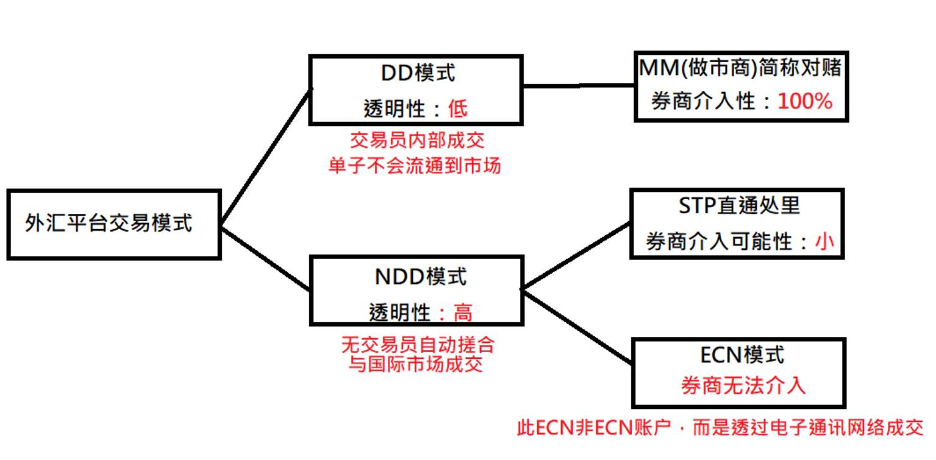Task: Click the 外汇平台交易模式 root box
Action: tap(114, 225)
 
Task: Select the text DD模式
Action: tap(418, 73)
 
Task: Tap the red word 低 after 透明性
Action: tap(458, 109)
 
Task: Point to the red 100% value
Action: tap(805, 101)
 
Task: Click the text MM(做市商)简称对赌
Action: tap(740, 68)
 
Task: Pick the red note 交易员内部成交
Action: tap(417, 140)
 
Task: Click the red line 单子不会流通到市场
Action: tap(415, 166)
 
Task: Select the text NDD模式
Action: tap(420, 277)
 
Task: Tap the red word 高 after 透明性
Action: tap(463, 313)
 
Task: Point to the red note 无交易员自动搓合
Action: tap(418, 345)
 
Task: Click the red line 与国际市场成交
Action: tap(415, 364)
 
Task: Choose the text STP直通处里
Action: tap(739, 205)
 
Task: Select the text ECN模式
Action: tap(742, 355)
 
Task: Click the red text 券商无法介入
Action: tap(743, 385)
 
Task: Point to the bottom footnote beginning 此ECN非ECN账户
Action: tap(720, 428)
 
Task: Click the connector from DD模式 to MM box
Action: tap(579, 85)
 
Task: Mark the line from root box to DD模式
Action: tap(266, 157)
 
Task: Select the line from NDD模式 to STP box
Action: tap(576, 256)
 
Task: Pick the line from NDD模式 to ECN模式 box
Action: tap(577, 327)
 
